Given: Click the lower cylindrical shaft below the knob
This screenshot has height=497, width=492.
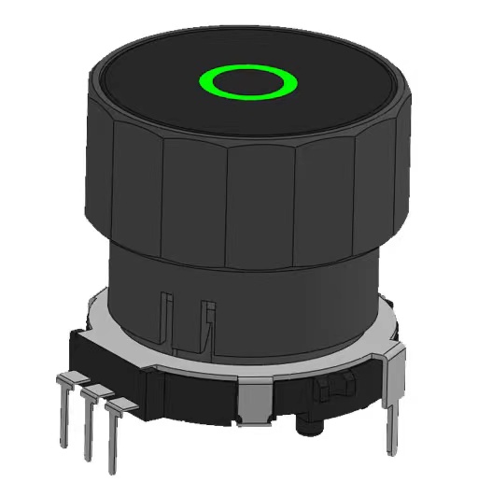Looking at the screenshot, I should tap(280, 299).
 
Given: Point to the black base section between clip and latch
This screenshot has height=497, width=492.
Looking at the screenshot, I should tap(289, 392).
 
